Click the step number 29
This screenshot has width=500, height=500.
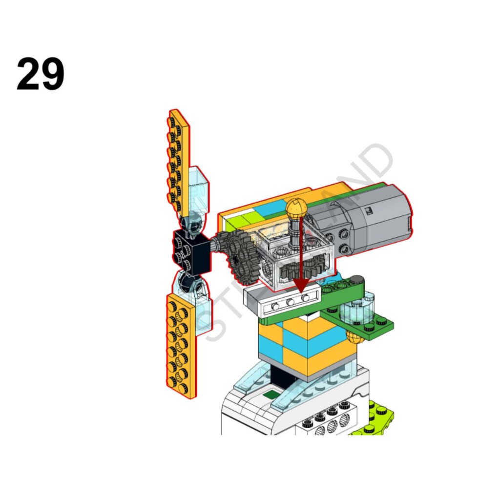click(x=41, y=74)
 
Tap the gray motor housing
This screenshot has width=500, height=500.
click(x=371, y=220)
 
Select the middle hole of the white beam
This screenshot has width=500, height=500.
click(x=291, y=303)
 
